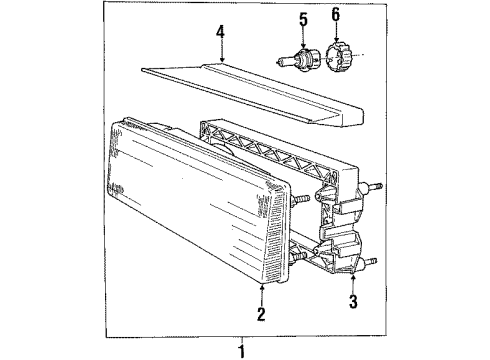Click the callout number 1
coord(240,350)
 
